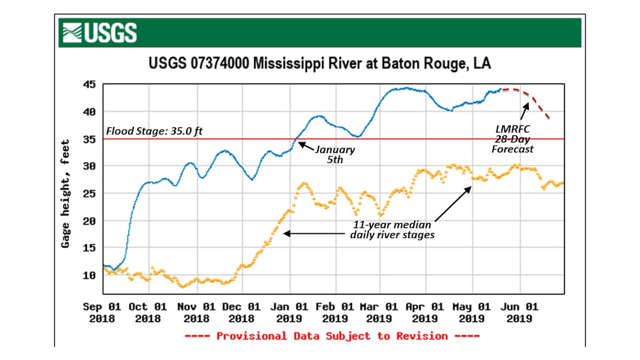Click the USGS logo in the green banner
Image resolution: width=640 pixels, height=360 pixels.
(99, 33)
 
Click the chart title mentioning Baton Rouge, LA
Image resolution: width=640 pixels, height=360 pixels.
(319, 65)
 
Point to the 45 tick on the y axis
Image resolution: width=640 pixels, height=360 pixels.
(89, 84)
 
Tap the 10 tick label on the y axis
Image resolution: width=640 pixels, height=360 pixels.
(89, 275)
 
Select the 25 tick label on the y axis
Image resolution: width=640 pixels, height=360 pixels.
(89, 193)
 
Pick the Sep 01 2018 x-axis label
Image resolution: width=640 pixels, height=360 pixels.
(103, 312)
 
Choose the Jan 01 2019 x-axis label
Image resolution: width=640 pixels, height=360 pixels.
(289, 312)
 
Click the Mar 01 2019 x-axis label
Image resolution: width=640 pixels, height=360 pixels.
(379, 312)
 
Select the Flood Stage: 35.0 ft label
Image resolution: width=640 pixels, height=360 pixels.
(155, 131)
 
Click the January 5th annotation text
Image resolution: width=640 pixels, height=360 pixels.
(336, 154)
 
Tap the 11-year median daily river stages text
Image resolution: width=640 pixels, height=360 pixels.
(392, 230)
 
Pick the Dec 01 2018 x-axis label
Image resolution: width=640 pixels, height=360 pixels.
(242, 312)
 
